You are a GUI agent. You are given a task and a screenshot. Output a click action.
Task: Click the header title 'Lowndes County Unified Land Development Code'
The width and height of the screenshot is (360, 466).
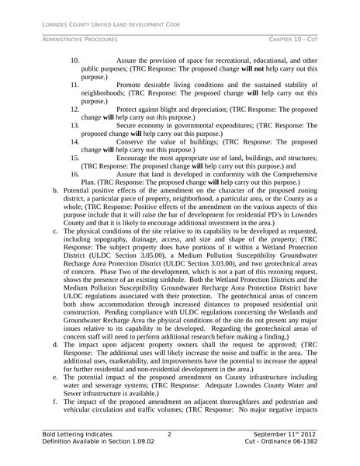pos(111,25)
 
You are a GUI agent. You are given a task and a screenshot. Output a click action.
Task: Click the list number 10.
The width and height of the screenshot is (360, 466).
pos(75,60)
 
